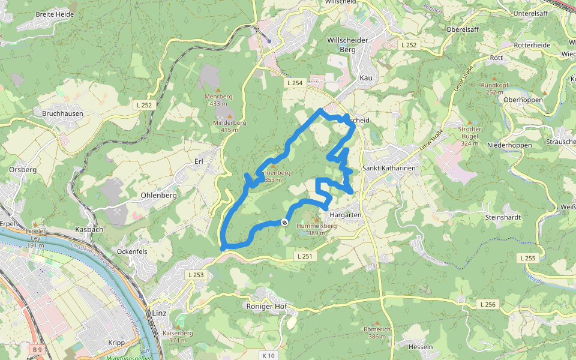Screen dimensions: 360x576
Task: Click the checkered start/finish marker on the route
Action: tap(284, 223)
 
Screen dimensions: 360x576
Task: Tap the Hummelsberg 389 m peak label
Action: tap(317, 229)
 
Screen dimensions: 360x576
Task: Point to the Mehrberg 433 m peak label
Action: tap(218, 100)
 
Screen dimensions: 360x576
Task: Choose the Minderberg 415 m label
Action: tap(230, 126)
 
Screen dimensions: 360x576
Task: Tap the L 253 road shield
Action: tap(196, 275)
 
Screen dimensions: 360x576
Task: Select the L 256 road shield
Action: tap(488, 305)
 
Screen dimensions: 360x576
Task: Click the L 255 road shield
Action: tap(527, 257)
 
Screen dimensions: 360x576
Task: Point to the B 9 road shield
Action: tap(38, 349)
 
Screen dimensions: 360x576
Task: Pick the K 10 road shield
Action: tap(268, 356)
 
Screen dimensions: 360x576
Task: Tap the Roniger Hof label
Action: tap(267, 307)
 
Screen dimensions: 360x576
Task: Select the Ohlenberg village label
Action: tap(158, 196)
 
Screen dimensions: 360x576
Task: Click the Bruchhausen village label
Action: tap(63, 113)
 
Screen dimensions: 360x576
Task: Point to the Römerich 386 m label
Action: tap(377, 333)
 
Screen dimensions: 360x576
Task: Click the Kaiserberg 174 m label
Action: tap(178, 337)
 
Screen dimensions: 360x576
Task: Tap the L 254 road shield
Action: tap(295, 83)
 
